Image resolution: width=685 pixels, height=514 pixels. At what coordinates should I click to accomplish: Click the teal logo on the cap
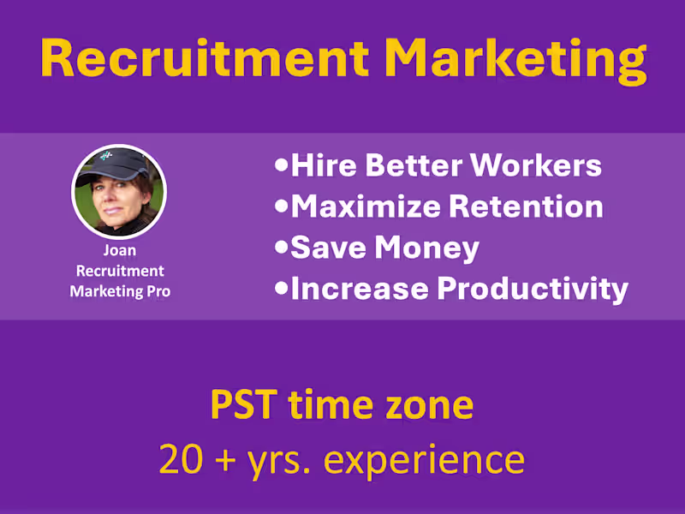106,156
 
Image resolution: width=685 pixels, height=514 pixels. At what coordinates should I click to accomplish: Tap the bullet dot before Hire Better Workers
282,165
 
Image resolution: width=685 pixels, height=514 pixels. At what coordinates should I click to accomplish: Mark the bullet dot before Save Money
282,248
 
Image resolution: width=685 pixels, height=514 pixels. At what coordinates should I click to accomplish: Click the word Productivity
533,289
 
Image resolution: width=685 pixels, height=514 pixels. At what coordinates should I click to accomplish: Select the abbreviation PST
241,404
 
